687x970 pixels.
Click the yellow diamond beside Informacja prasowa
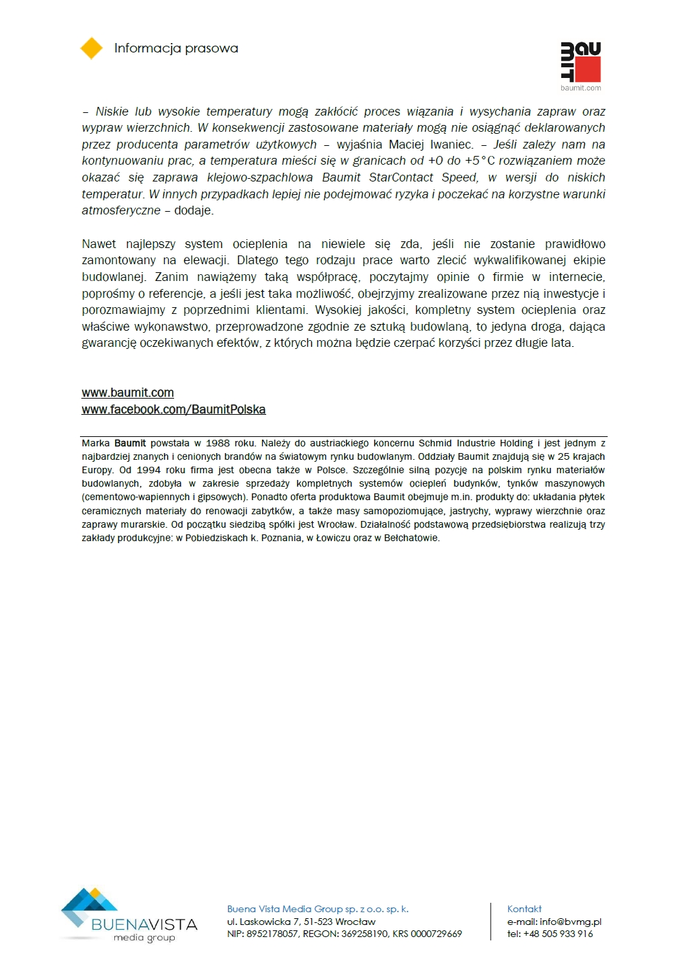91,48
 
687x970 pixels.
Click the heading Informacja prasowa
176,48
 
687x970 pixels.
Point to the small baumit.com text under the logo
581,88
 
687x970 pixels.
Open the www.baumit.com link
128,393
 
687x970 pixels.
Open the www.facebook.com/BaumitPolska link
173,409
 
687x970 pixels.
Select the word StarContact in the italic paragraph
401,177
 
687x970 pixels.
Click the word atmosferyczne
121,210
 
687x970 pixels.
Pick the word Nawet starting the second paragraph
99,244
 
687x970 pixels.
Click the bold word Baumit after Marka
130,444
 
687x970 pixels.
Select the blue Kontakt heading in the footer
524,909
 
